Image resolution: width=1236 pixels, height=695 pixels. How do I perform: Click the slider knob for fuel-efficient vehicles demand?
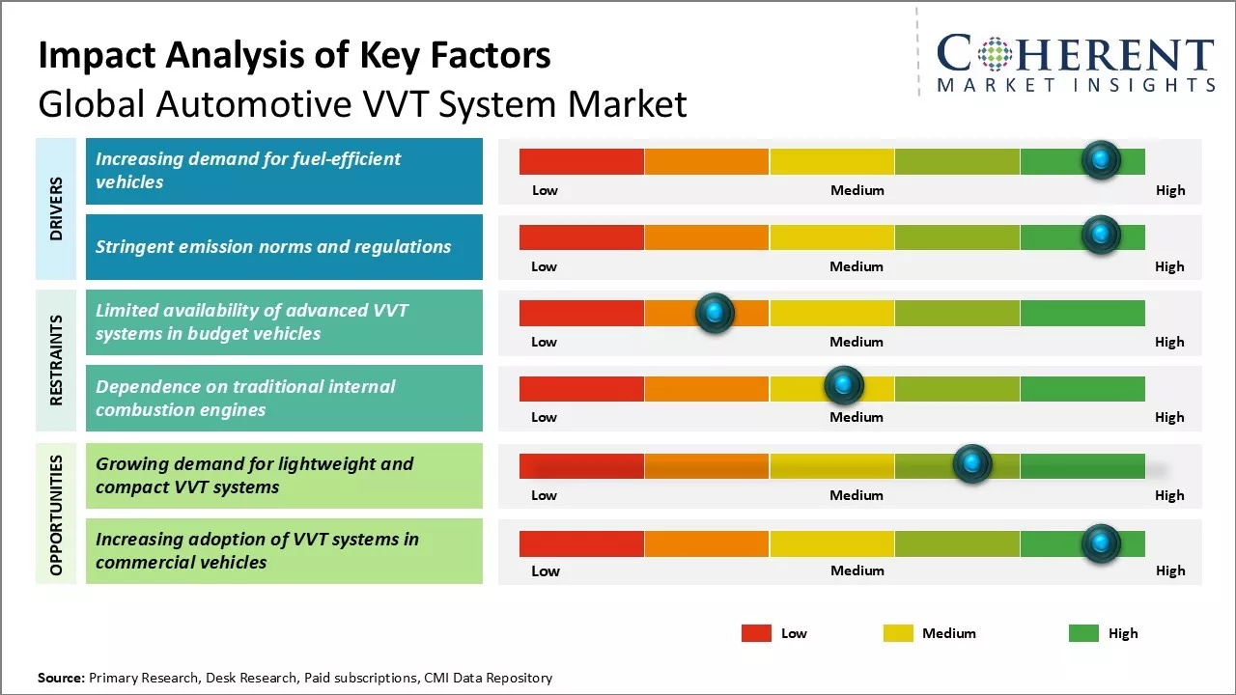tap(1101, 160)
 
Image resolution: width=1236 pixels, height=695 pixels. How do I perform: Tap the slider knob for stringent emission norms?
tap(1101, 236)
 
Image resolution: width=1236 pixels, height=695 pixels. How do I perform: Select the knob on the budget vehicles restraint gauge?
tap(715, 313)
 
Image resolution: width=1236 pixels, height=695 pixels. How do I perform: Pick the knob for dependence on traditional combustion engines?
tap(844, 386)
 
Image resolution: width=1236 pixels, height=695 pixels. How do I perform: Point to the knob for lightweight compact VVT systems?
tap(972, 464)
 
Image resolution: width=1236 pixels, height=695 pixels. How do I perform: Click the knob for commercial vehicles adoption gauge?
tap(1101, 544)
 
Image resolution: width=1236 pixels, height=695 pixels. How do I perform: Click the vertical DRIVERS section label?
tap(56, 208)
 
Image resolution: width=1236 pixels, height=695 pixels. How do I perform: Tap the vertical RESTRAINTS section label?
tap(56, 360)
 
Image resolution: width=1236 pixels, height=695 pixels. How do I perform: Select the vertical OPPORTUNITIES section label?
tap(56, 514)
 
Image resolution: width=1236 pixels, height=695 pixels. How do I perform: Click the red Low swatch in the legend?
tap(756, 633)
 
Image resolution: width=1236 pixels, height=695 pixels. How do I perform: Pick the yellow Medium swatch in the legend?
tap(898, 633)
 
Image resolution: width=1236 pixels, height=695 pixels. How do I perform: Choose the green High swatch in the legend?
tap(1083, 633)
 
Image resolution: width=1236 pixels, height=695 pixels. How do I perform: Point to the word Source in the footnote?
tap(61, 679)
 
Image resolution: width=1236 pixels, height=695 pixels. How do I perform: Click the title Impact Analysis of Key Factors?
tap(295, 56)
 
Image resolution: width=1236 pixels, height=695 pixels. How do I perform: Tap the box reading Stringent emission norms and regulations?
tap(284, 247)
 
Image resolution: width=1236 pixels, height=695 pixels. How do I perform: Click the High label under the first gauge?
tap(1169, 190)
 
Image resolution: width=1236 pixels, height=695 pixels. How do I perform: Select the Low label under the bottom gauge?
tap(546, 570)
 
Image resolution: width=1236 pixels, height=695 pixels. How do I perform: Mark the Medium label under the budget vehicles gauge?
tap(857, 342)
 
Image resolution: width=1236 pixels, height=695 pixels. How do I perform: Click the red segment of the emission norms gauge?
tap(581, 236)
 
